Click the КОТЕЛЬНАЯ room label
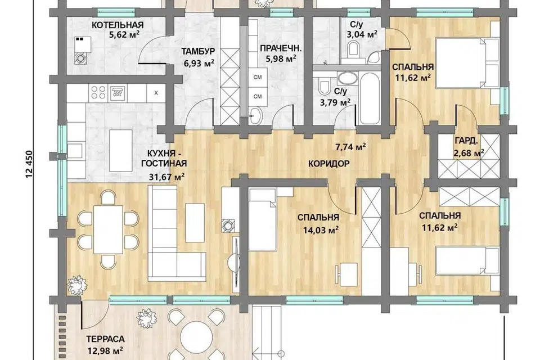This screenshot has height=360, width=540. pos(118,25)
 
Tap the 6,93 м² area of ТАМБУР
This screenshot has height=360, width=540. pos(199,63)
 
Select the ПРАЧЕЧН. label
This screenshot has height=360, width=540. pos(281,48)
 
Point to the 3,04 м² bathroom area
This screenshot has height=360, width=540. pos(362,34)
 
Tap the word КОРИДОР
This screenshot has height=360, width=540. pos(328,164)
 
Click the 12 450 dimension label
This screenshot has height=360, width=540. pos(29,164)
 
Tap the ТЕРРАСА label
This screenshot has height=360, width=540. pos(105,339)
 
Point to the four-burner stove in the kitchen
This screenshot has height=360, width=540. pos(98,92)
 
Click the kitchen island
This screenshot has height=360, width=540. pos(120,150)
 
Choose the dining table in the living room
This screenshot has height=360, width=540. pos(108,229)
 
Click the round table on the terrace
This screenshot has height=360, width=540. pos(197,337)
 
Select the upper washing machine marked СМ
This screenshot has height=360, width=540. pos(258,77)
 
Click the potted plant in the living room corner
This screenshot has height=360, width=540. pos(78,285)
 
